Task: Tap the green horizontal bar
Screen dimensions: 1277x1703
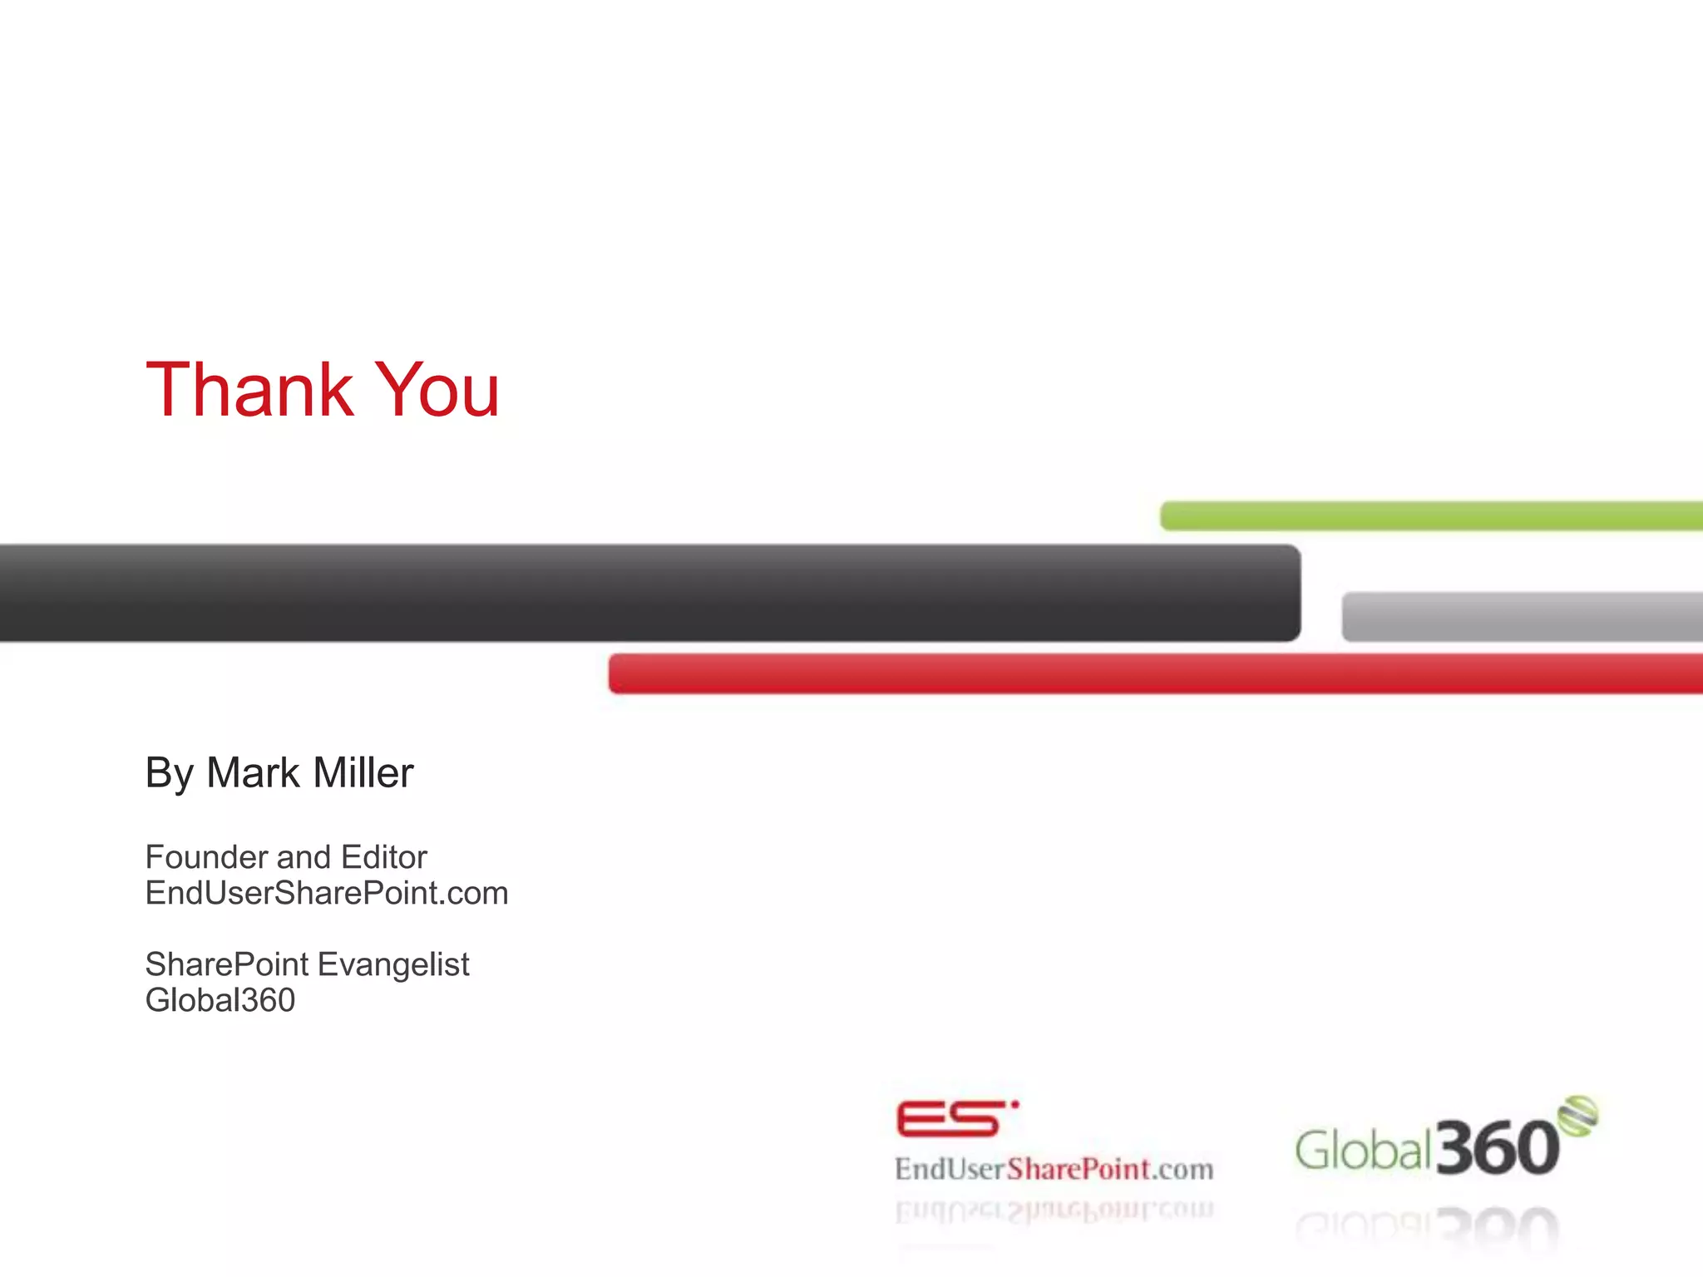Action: [1430, 516]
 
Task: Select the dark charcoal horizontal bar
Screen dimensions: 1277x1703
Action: [649, 593]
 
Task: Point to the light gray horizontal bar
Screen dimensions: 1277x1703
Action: [1522, 617]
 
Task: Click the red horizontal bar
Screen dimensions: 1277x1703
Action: [1156, 674]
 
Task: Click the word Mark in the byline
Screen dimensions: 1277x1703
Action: [254, 773]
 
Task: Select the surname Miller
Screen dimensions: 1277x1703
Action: [363, 773]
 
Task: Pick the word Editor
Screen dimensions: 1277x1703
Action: [383, 857]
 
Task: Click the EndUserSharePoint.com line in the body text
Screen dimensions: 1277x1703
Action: [327, 894]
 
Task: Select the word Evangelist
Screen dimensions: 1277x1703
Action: [393, 965]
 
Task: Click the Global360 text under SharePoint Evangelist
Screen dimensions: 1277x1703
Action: [220, 1000]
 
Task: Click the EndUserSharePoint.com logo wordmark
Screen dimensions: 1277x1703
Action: [1054, 1170]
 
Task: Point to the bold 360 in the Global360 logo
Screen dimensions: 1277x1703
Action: [1497, 1148]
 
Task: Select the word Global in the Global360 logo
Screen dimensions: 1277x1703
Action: [1363, 1151]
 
